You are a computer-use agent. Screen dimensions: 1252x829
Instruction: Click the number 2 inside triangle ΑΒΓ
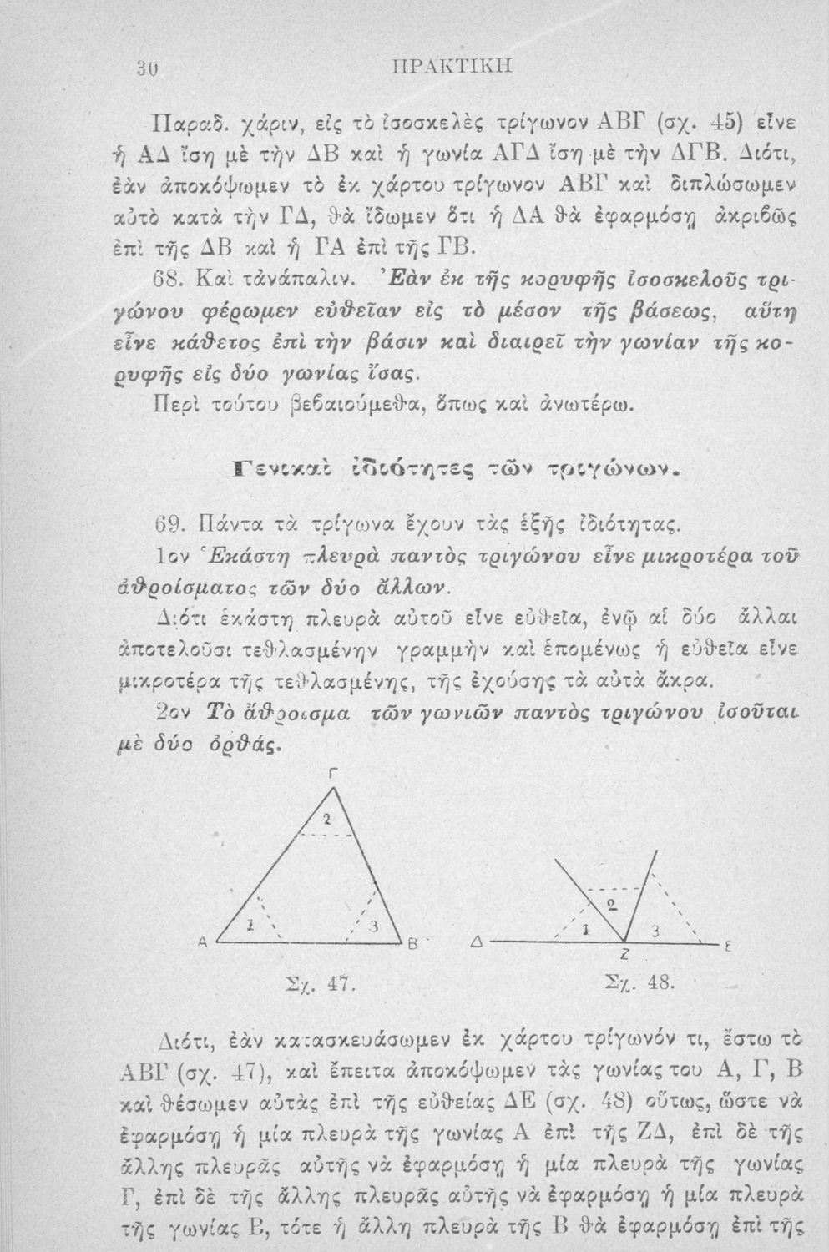point(328,819)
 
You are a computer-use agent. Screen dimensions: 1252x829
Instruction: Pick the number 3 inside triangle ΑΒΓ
point(375,926)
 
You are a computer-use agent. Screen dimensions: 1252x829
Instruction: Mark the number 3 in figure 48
point(657,930)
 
